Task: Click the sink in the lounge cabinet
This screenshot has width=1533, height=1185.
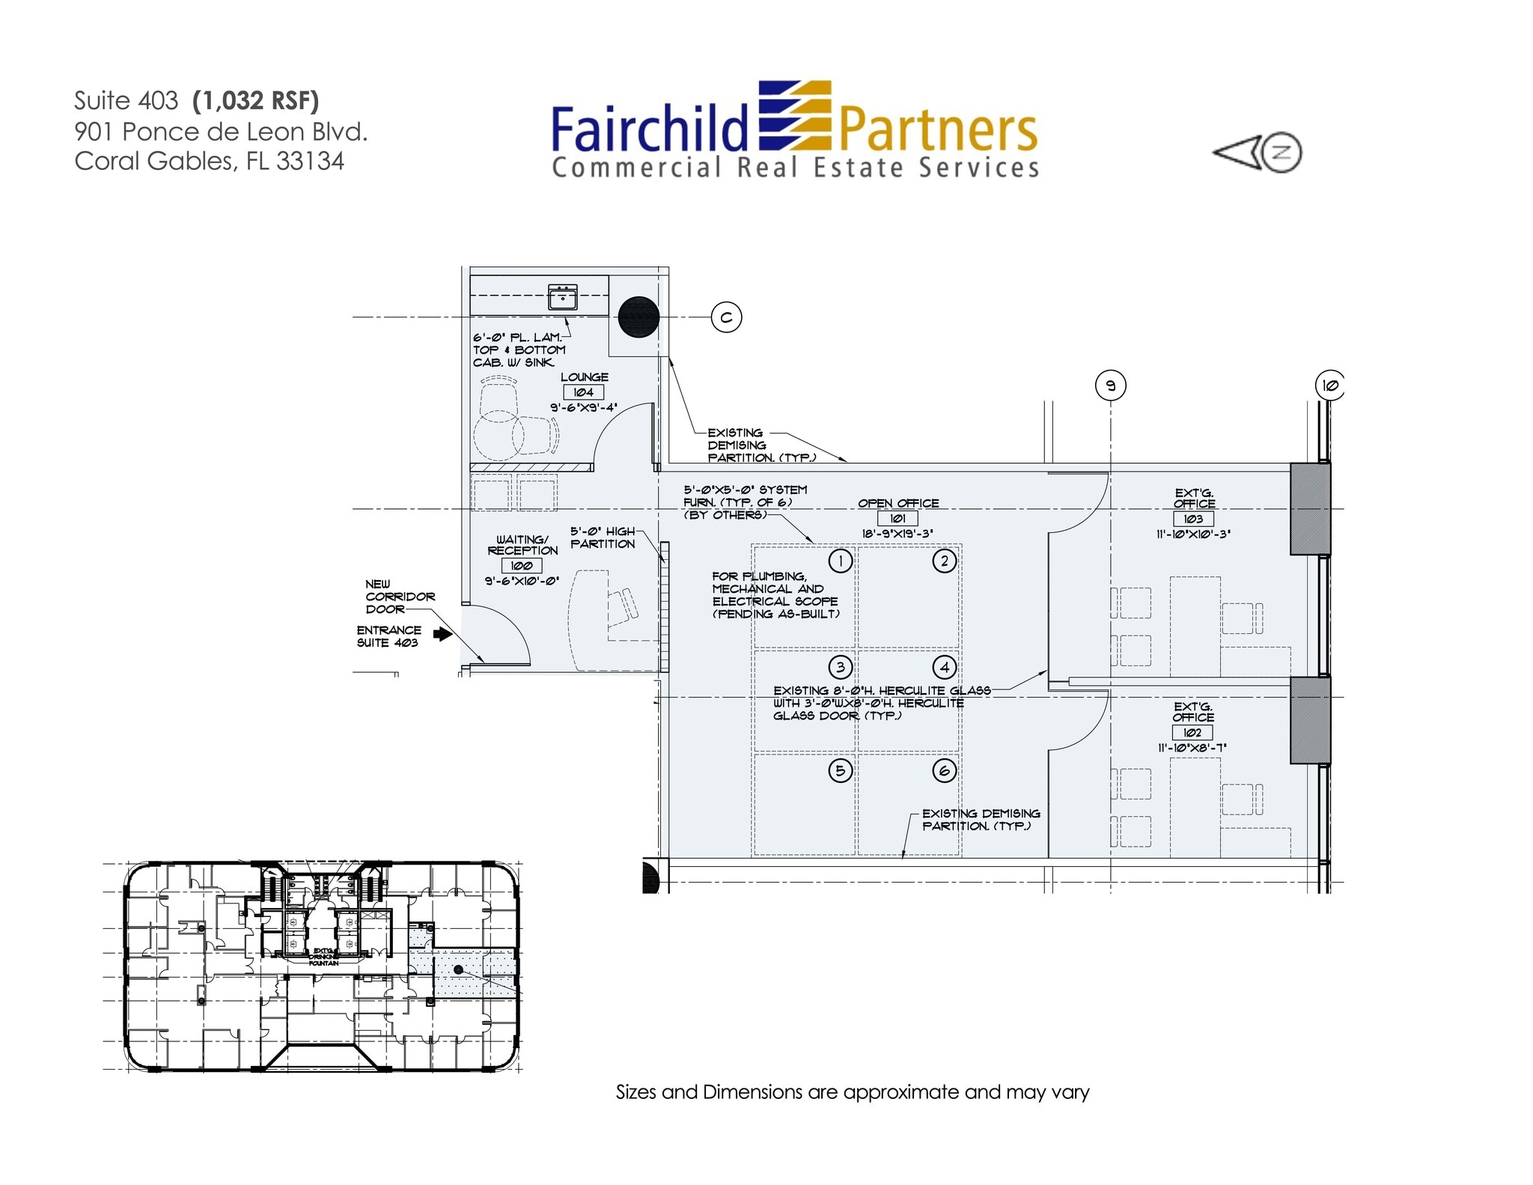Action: click(x=562, y=297)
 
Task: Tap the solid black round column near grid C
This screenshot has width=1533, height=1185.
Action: click(x=639, y=317)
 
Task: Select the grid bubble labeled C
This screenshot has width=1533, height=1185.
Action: click(x=726, y=317)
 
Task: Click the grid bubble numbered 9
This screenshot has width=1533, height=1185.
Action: click(x=1111, y=386)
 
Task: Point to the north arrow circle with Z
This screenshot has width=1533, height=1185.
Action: click(x=1281, y=153)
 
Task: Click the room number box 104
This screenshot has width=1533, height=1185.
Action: click(x=583, y=392)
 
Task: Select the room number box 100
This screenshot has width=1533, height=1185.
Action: click(x=522, y=566)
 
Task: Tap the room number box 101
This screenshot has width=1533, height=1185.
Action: click(x=897, y=518)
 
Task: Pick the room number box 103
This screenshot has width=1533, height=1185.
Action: click(x=1193, y=519)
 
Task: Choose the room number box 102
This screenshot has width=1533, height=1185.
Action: click(x=1192, y=733)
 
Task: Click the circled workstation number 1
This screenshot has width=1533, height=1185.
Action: click(x=841, y=561)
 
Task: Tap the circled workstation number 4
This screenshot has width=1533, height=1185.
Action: click(x=945, y=667)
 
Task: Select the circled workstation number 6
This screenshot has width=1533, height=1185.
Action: click(x=945, y=771)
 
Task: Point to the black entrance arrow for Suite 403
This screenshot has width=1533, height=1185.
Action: click(x=443, y=635)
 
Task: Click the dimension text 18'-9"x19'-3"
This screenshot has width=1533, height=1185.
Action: click(x=897, y=534)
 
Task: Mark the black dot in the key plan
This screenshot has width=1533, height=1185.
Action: click(x=458, y=969)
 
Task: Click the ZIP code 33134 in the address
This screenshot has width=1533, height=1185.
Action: click(x=310, y=161)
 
